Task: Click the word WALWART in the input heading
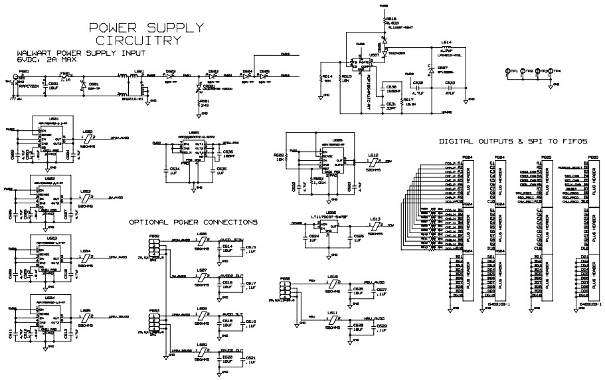pos(39,52)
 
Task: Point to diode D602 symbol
pos(171,76)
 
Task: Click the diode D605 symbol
pos(264,76)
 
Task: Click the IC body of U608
pos(194,151)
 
